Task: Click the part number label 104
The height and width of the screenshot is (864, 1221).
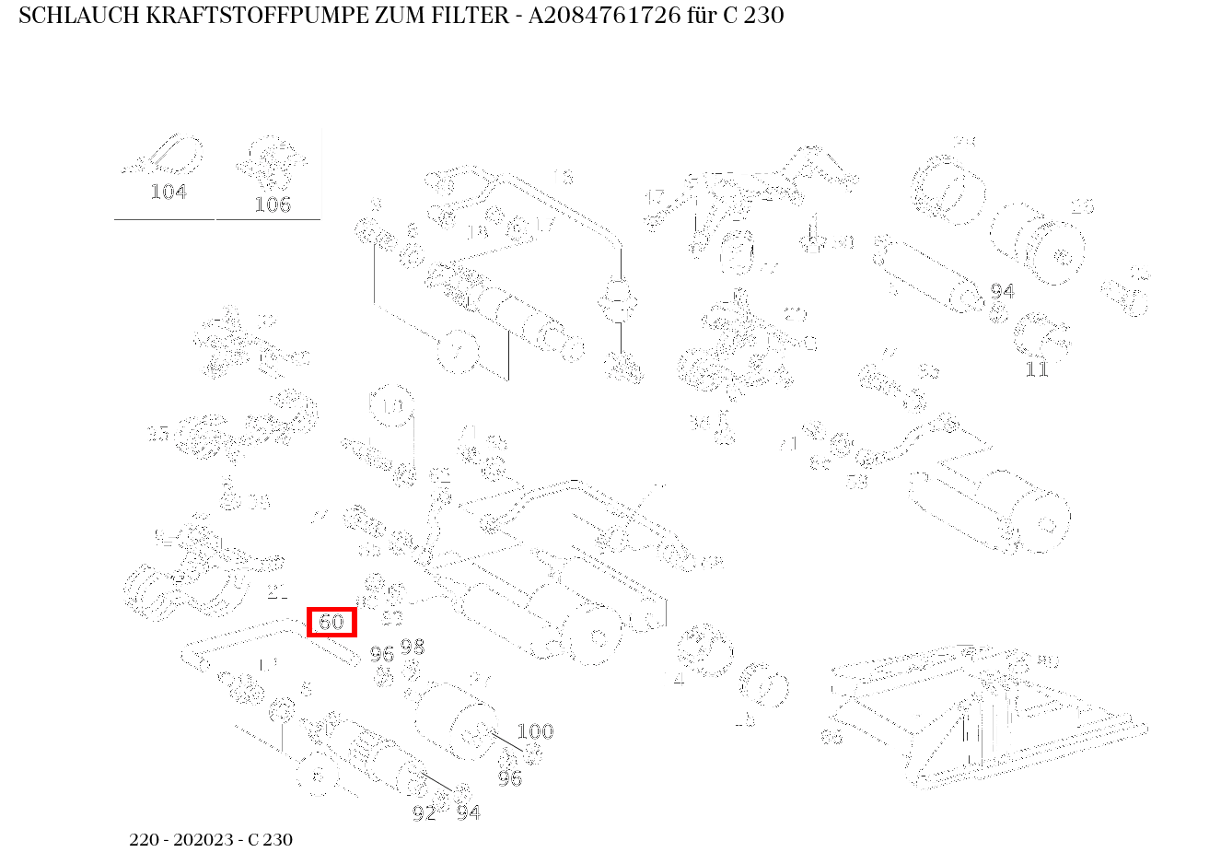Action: coord(169,192)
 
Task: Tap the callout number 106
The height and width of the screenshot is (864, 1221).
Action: coord(273,204)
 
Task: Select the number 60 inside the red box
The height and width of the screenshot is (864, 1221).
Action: coord(331,623)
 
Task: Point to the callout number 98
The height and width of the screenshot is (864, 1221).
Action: coord(413,647)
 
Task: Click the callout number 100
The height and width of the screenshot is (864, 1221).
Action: coord(535,731)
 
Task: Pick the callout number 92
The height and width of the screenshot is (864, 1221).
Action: coord(424,813)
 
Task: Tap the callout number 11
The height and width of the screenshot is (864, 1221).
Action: coord(1037,369)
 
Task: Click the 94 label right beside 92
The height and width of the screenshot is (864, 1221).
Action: coord(469,812)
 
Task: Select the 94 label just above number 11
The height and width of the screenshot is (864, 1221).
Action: coord(1003,291)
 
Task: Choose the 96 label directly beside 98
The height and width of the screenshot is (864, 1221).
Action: coord(381,654)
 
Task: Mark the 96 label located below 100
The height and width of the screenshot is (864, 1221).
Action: coord(509,779)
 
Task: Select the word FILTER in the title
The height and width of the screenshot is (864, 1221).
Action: coord(470,16)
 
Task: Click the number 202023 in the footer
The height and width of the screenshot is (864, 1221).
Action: coord(205,840)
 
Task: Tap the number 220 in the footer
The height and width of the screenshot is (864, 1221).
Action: coord(145,840)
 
